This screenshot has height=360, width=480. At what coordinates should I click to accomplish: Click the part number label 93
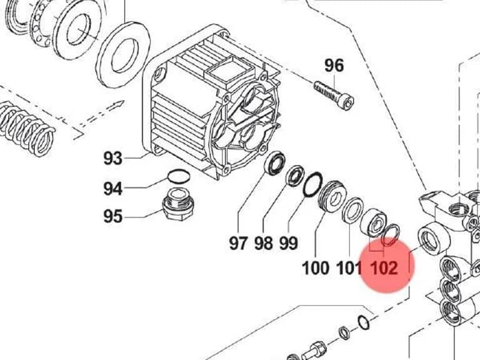coord(113,158)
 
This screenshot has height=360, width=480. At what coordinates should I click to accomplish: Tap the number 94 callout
coord(113,189)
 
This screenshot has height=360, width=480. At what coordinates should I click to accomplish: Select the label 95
coord(113,216)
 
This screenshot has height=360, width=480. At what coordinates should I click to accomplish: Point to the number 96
coord(334,66)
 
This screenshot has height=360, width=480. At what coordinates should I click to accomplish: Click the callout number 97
coord(238,243)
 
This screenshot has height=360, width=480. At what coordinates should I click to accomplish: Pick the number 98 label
coord(263,243)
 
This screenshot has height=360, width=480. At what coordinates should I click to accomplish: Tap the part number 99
coord(288,243)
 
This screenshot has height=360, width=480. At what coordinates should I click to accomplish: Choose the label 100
coord(315,268)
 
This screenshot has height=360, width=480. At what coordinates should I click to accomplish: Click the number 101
coord(349,268)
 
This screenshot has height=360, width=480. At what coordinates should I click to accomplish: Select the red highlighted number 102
coord(384,268)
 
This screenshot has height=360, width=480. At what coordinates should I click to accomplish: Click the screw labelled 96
coord(334,94)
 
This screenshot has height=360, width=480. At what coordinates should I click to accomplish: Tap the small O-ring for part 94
coord(179,177)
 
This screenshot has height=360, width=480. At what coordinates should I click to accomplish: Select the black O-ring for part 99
coord(312,184)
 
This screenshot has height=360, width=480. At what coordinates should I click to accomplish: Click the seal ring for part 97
coord(274,164)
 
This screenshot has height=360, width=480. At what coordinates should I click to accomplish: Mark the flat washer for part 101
coord(352,210)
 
